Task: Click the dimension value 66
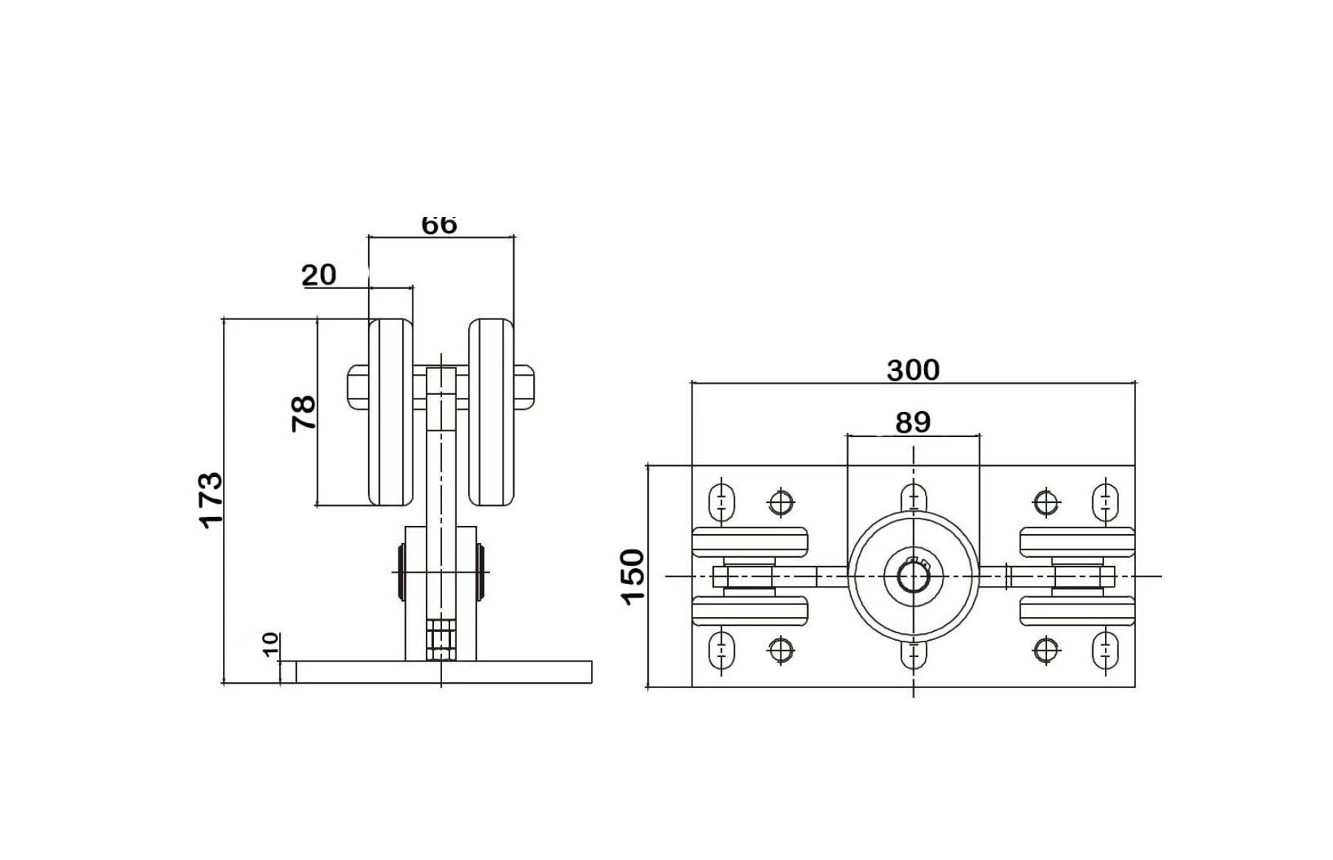click(439, 224)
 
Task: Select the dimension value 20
click(319, 275)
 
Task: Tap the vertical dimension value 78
click(304, 413)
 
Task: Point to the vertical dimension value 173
click(211, 499)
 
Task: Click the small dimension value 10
click(270, 644)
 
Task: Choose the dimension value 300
click(912, 370)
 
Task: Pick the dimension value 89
click(912, 422)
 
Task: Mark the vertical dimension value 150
click(633, 576)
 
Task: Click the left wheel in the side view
click(390, 413)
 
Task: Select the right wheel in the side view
click(491, 413)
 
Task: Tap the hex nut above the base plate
click(441, 639)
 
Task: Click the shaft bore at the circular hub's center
click(913, 576)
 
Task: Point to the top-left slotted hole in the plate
click(721, 501)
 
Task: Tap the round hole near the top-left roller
click(781, 502)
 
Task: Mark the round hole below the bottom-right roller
click(1045, 650)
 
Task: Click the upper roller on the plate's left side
click(749, 541)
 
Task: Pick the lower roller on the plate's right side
click(1077, 611)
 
